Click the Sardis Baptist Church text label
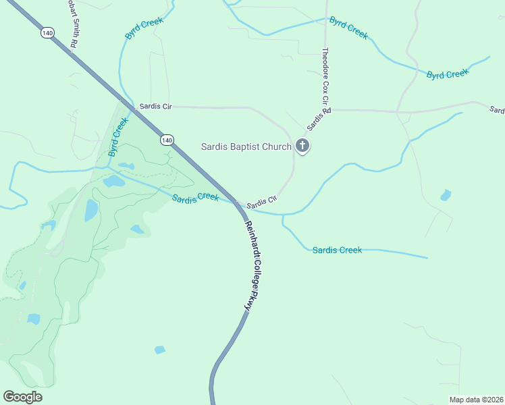point(246,146)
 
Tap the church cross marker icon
point(303,145)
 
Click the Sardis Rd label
point(319,119)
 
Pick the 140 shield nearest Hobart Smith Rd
point(47,32)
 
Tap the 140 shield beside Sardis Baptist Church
point(167,140)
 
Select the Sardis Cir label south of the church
point(262,202)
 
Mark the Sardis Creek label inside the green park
point(195,198)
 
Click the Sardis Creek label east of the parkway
point(337,250)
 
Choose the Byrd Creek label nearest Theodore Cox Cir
point(348,28)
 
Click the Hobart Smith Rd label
point(72,24)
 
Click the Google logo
point(22,397)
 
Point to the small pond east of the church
point(445,196)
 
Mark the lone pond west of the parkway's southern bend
point(159,350)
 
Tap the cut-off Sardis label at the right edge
point(498,110)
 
